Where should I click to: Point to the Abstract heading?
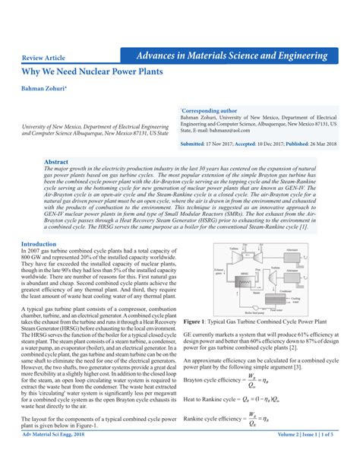click(x=56, y=163)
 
